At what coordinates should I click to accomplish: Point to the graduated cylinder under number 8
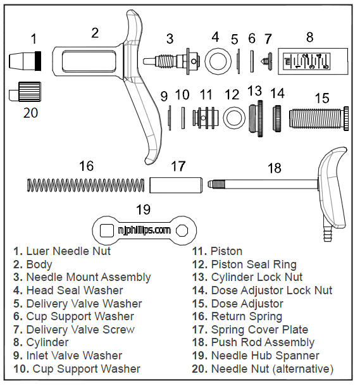coord(309,62)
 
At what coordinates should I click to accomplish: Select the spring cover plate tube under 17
coord(175,185)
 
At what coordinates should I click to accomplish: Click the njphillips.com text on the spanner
coord(144,230)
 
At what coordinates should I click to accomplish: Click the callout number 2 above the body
coord(94,33)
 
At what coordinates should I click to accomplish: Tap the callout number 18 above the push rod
coord(274,168)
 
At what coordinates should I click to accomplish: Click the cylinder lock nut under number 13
coord(255,117)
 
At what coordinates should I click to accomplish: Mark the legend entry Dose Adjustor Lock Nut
coord(271,290)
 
